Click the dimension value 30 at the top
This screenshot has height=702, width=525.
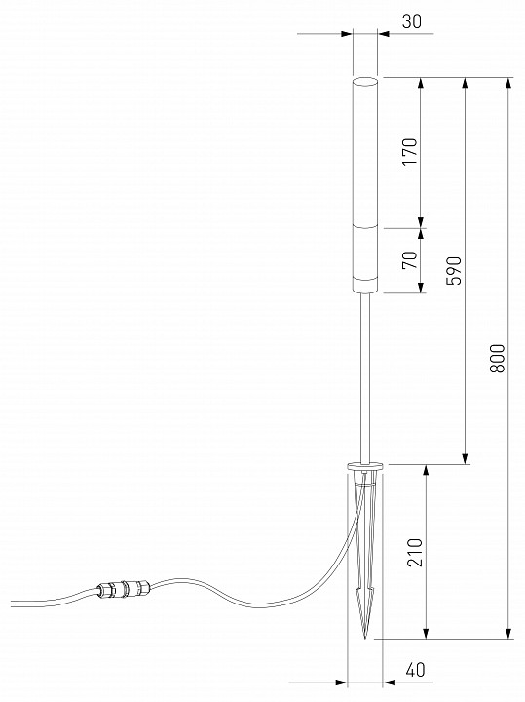pyautogui.click(x=411, y=21)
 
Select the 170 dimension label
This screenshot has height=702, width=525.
pyautogui.click(x=410, y=151)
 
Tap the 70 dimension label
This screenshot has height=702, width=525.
pyautogui.click(x=410, y=260)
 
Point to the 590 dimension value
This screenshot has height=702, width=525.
pyautogui.click(x=454, y=270)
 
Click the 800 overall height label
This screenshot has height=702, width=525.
pyautogui.click(x=498, y=359)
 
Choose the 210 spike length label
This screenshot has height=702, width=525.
pyautogui.click(x=415, y=553)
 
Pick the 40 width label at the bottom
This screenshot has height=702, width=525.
pyautogui.click(x=416, y=670)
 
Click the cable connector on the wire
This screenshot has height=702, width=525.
pyautogui.click(x=124, y=588)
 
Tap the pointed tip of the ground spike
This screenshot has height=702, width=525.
pyautogui.click(x=365, y=638)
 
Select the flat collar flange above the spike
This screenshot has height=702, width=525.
pyautogui.click(x=365, y=466)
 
